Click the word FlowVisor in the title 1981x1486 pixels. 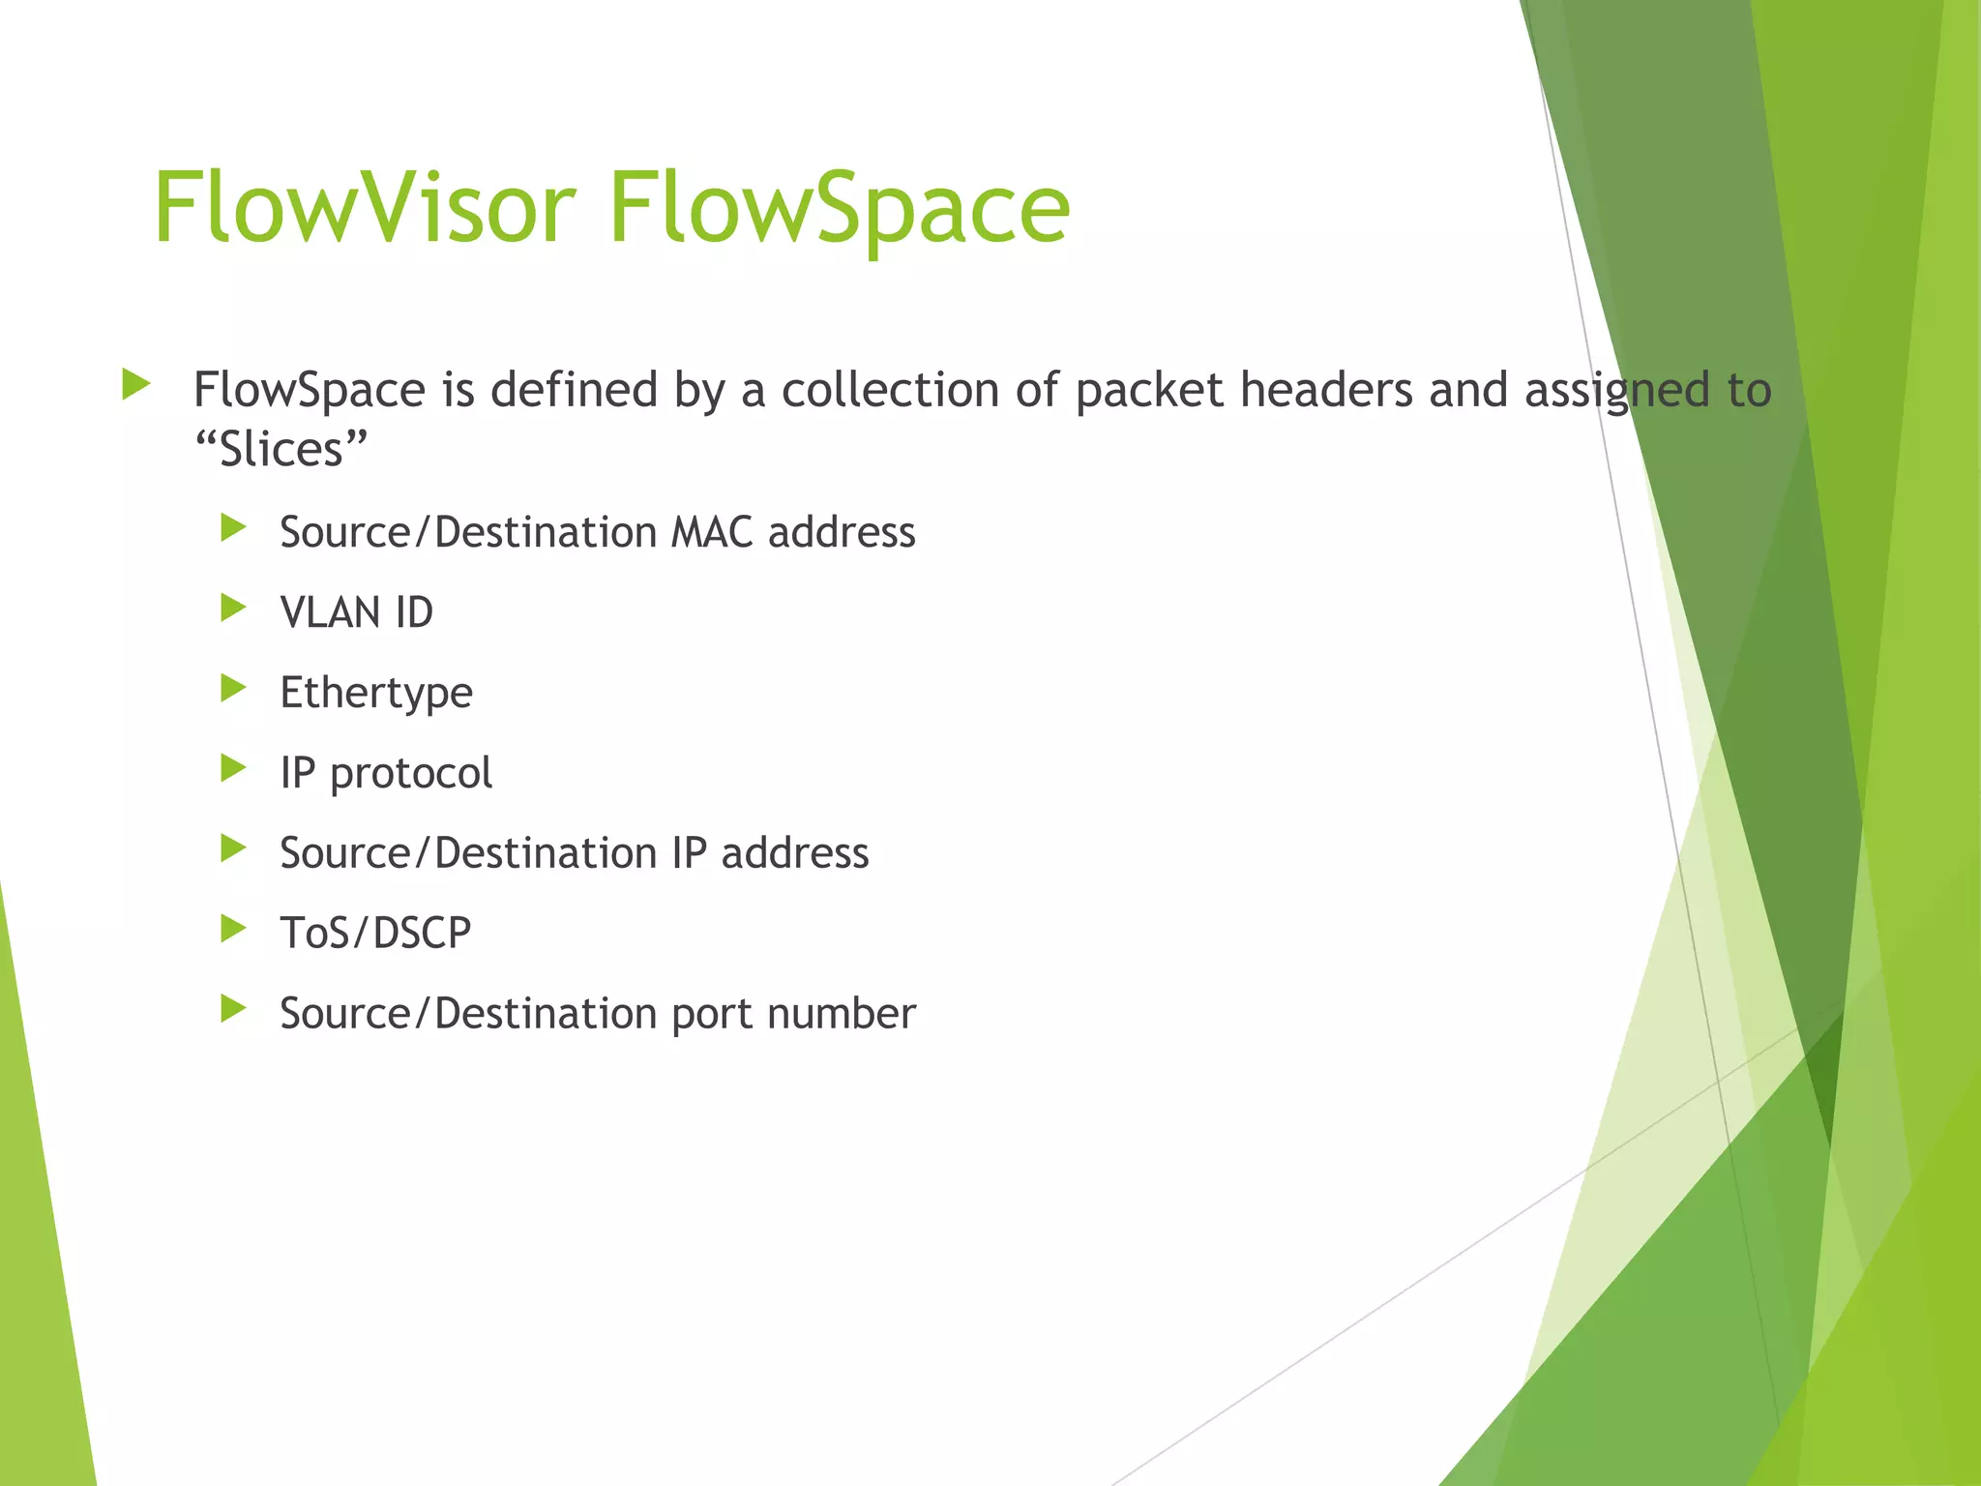pyautogui.click(x=365, y=208)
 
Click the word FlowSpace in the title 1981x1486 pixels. pyautogui.click(x=839, y=208)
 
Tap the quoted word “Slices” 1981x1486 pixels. pyautogui.click(x=281, y=450)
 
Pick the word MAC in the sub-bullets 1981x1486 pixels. pyautogui.click(x=712, y=532)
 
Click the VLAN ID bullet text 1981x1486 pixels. pyautogui.click(x=356, y=612)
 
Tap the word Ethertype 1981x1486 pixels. pyautogui.click(x=376, y=693)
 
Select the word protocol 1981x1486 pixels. pyautogui.click(x=411, y=773)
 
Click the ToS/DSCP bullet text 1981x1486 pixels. pyautogui.click(x=375, y=934)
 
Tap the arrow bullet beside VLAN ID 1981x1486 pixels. pyautogui.click(x=233, y=609)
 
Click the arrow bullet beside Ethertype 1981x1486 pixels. pyautogui.click(x=233, y=689)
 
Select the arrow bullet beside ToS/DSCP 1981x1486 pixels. pyautogui.click(x=233, y=930)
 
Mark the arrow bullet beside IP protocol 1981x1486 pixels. pyautogui.click(x=233, y=769)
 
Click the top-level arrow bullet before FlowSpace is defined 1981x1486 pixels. pyautogui.click(x=136, y=385)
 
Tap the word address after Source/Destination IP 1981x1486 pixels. pyautogui.click(x=794, y=853)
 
